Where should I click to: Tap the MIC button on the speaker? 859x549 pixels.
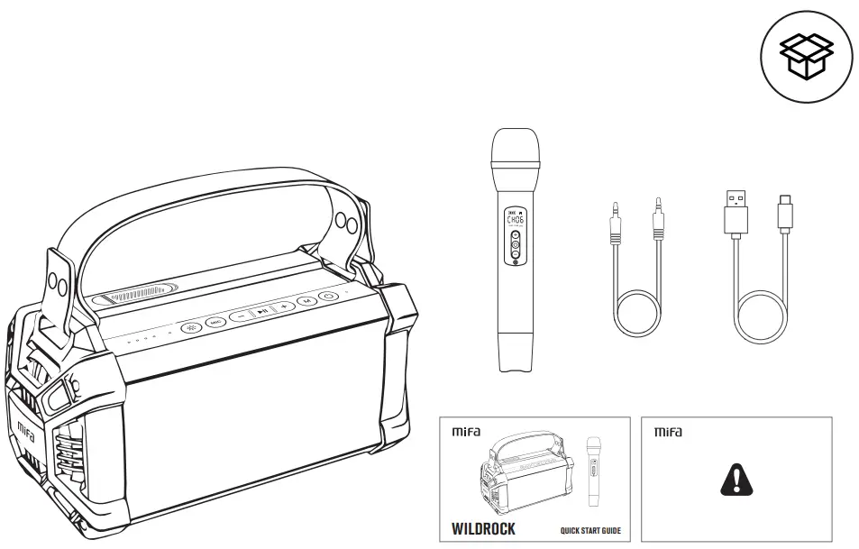point(215,320)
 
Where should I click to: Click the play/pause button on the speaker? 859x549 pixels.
point(261,312)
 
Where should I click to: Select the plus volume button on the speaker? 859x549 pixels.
point(284,307)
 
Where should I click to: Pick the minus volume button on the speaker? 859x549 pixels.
point(241,316)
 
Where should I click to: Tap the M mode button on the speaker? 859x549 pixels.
point(307,301)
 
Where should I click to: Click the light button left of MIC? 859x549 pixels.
point(190,326)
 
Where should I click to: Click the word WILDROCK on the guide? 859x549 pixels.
point(483,528)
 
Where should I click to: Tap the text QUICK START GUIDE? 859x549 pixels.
point(589,531)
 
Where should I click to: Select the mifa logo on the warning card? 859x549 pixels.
point(668,432)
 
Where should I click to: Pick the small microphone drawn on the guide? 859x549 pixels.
point(593,472)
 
